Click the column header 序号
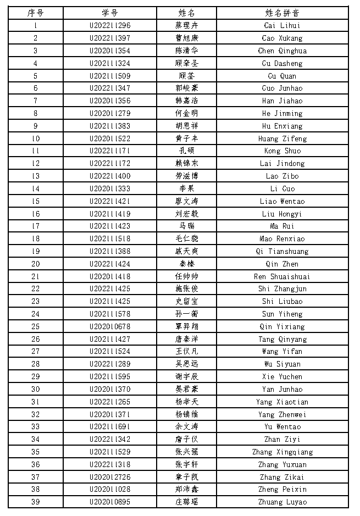36,13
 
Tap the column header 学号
110,13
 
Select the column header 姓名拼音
282,13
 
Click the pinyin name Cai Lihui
282,25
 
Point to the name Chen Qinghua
282,51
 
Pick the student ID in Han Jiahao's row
110,101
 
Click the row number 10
36,138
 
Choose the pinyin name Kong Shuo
282,151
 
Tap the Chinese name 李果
186,188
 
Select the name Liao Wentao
282,201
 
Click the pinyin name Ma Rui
282,226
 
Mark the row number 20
36,264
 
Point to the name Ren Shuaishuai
282,276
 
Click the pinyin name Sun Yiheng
282,314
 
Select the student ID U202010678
110,326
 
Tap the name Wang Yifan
282,351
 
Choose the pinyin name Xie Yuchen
282,376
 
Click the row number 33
36,426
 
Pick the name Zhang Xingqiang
282,452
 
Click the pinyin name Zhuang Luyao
282,502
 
